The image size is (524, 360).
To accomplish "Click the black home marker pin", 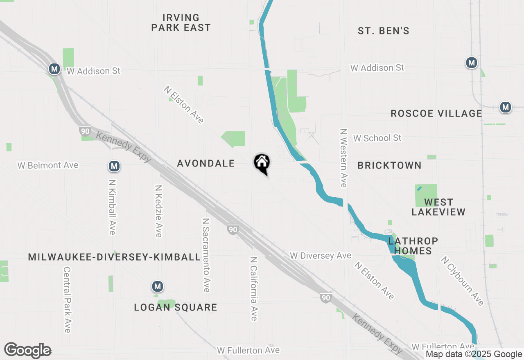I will click(x=262, y=163).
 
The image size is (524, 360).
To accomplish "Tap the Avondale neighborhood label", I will click(x=206, y=163).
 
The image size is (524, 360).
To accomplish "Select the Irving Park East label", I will click(x=181, y=22).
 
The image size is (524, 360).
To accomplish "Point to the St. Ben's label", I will click(x=384, y=31).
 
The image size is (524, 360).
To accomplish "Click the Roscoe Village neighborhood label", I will click(x=436, y=113).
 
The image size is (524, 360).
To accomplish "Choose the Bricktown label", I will click(x=389, y=165).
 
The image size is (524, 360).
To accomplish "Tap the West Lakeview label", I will click(x=438, y=207).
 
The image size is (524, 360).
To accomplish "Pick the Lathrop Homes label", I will click(x=413, y=245).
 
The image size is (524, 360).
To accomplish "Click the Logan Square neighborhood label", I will click(x=176, y=307).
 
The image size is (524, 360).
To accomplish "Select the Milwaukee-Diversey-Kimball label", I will click(x=114, y=257).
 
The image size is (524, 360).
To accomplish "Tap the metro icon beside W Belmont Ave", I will click(x=114, y=166).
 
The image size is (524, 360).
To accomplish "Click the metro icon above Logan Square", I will click(x=157, y=286).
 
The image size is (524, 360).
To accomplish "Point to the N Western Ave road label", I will click(x=343, y=158).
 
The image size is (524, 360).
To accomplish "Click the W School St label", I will click(x=377, y=138).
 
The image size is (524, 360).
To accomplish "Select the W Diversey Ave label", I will click(x=321, y=256).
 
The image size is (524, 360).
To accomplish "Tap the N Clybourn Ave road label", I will click(x=462, y=281).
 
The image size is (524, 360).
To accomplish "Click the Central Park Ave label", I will click(x=67, y=299).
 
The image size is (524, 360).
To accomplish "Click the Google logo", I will click(x=27, y=350).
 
